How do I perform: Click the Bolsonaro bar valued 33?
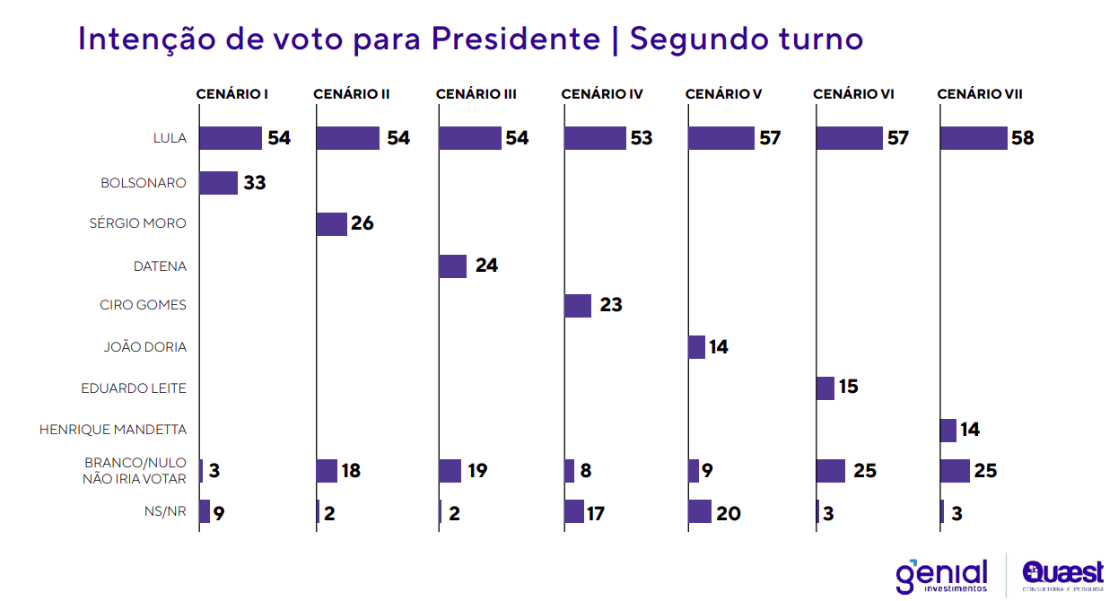click(218, 183)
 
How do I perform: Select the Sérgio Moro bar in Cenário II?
click(332, 224)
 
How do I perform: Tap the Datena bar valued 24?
click(453, 266)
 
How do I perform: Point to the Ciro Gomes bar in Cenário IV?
click(578, 306)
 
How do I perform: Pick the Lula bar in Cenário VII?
click(974, 138)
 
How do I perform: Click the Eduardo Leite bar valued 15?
click(825, 388)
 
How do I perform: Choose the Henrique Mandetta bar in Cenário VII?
click(948, 431)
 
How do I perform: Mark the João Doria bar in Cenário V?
click(697, 347)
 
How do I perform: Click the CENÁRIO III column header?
click(476, 94)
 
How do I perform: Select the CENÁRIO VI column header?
click(853, 94)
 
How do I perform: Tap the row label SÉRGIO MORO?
click(137, 223)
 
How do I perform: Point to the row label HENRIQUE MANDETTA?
click(113, 430)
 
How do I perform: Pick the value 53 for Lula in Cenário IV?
click(642, 138)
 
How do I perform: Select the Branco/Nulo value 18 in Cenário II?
click(351, 471)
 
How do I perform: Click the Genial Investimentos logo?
click(941, 575)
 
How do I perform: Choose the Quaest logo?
click(1062, 575)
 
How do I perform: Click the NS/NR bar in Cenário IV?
click(574, 511)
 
